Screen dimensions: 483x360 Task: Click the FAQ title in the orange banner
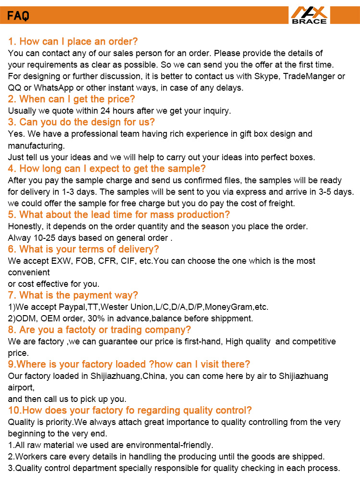18,16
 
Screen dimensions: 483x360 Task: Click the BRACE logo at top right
309,15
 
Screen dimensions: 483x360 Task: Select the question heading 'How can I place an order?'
73,41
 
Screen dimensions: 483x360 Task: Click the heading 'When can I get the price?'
72,99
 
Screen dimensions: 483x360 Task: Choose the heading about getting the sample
107,168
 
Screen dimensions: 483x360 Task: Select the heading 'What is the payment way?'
73,295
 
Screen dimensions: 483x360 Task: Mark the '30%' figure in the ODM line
88,318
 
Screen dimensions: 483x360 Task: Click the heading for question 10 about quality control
130,411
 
